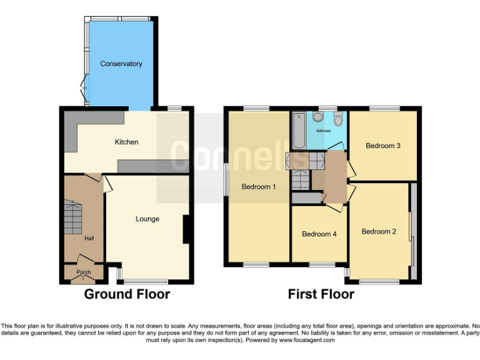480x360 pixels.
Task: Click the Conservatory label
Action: point(121,64)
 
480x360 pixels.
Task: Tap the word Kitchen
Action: point(126,142)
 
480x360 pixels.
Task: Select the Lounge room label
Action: point(147,219)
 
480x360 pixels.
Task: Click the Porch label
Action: point(83,272)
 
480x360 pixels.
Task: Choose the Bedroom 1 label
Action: point(259,186)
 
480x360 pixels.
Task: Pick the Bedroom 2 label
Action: point(379,231)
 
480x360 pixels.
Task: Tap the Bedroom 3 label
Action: point(382,146)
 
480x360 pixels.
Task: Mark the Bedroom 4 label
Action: point(319,234)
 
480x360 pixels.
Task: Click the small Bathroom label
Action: point(323,131)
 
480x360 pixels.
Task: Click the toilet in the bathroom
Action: point(338,119)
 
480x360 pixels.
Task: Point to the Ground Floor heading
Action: point(127,294)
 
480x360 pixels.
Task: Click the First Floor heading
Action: point(321,294)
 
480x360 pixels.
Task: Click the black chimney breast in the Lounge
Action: point(186,230)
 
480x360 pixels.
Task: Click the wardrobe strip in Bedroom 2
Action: point(413,231)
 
